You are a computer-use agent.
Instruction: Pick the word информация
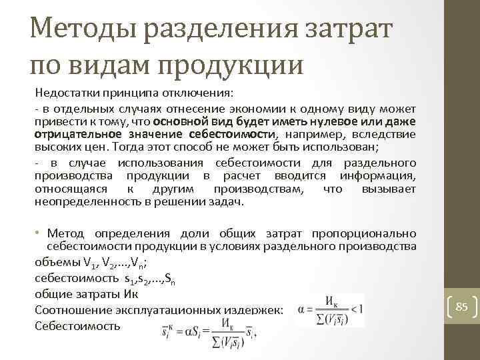pyautogui.click(x=377, y=175)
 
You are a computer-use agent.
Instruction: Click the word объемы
pyautogui.click(x=54, y=261)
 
